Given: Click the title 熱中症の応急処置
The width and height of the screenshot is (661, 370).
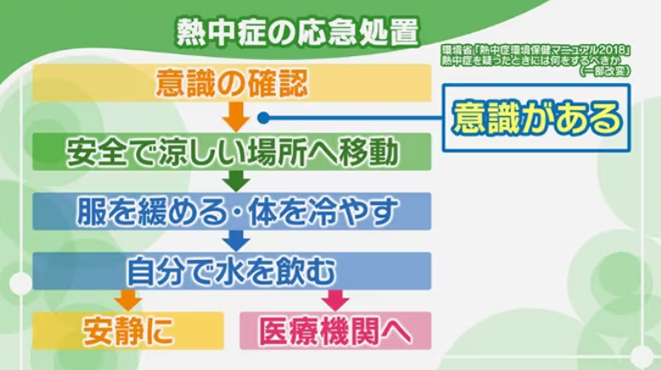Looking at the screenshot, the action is [297, 31].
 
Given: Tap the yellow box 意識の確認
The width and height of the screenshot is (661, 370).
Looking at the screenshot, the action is [232, 83].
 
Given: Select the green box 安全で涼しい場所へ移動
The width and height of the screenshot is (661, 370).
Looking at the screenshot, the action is [232, 152].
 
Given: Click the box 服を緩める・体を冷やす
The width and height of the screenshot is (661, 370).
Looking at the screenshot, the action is [232, 211].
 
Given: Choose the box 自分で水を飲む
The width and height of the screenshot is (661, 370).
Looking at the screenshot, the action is [232, 271].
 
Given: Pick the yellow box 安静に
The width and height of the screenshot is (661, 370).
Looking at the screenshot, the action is [128, 331].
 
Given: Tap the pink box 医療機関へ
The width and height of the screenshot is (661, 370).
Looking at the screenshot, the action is [336, 331].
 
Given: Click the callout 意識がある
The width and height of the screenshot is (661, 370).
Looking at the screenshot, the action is [536, 118].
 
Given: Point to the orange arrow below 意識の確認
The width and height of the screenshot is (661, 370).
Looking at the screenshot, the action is [236, 116].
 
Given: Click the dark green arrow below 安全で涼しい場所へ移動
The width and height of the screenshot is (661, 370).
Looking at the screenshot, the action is [236, 181].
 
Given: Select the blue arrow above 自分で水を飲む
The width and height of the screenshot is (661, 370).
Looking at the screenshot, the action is [236, 241].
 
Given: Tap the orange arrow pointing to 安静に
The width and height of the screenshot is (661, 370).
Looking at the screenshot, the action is [128, 300].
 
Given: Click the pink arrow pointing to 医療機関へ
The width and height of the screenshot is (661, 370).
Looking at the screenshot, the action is [336, 300].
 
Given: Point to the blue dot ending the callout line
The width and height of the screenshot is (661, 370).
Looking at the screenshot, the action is [263, 118].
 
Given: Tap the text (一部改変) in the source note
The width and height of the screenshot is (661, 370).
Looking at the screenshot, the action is [605, 71].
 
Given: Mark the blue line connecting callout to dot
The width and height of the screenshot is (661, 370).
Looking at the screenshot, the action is [355, 118].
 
